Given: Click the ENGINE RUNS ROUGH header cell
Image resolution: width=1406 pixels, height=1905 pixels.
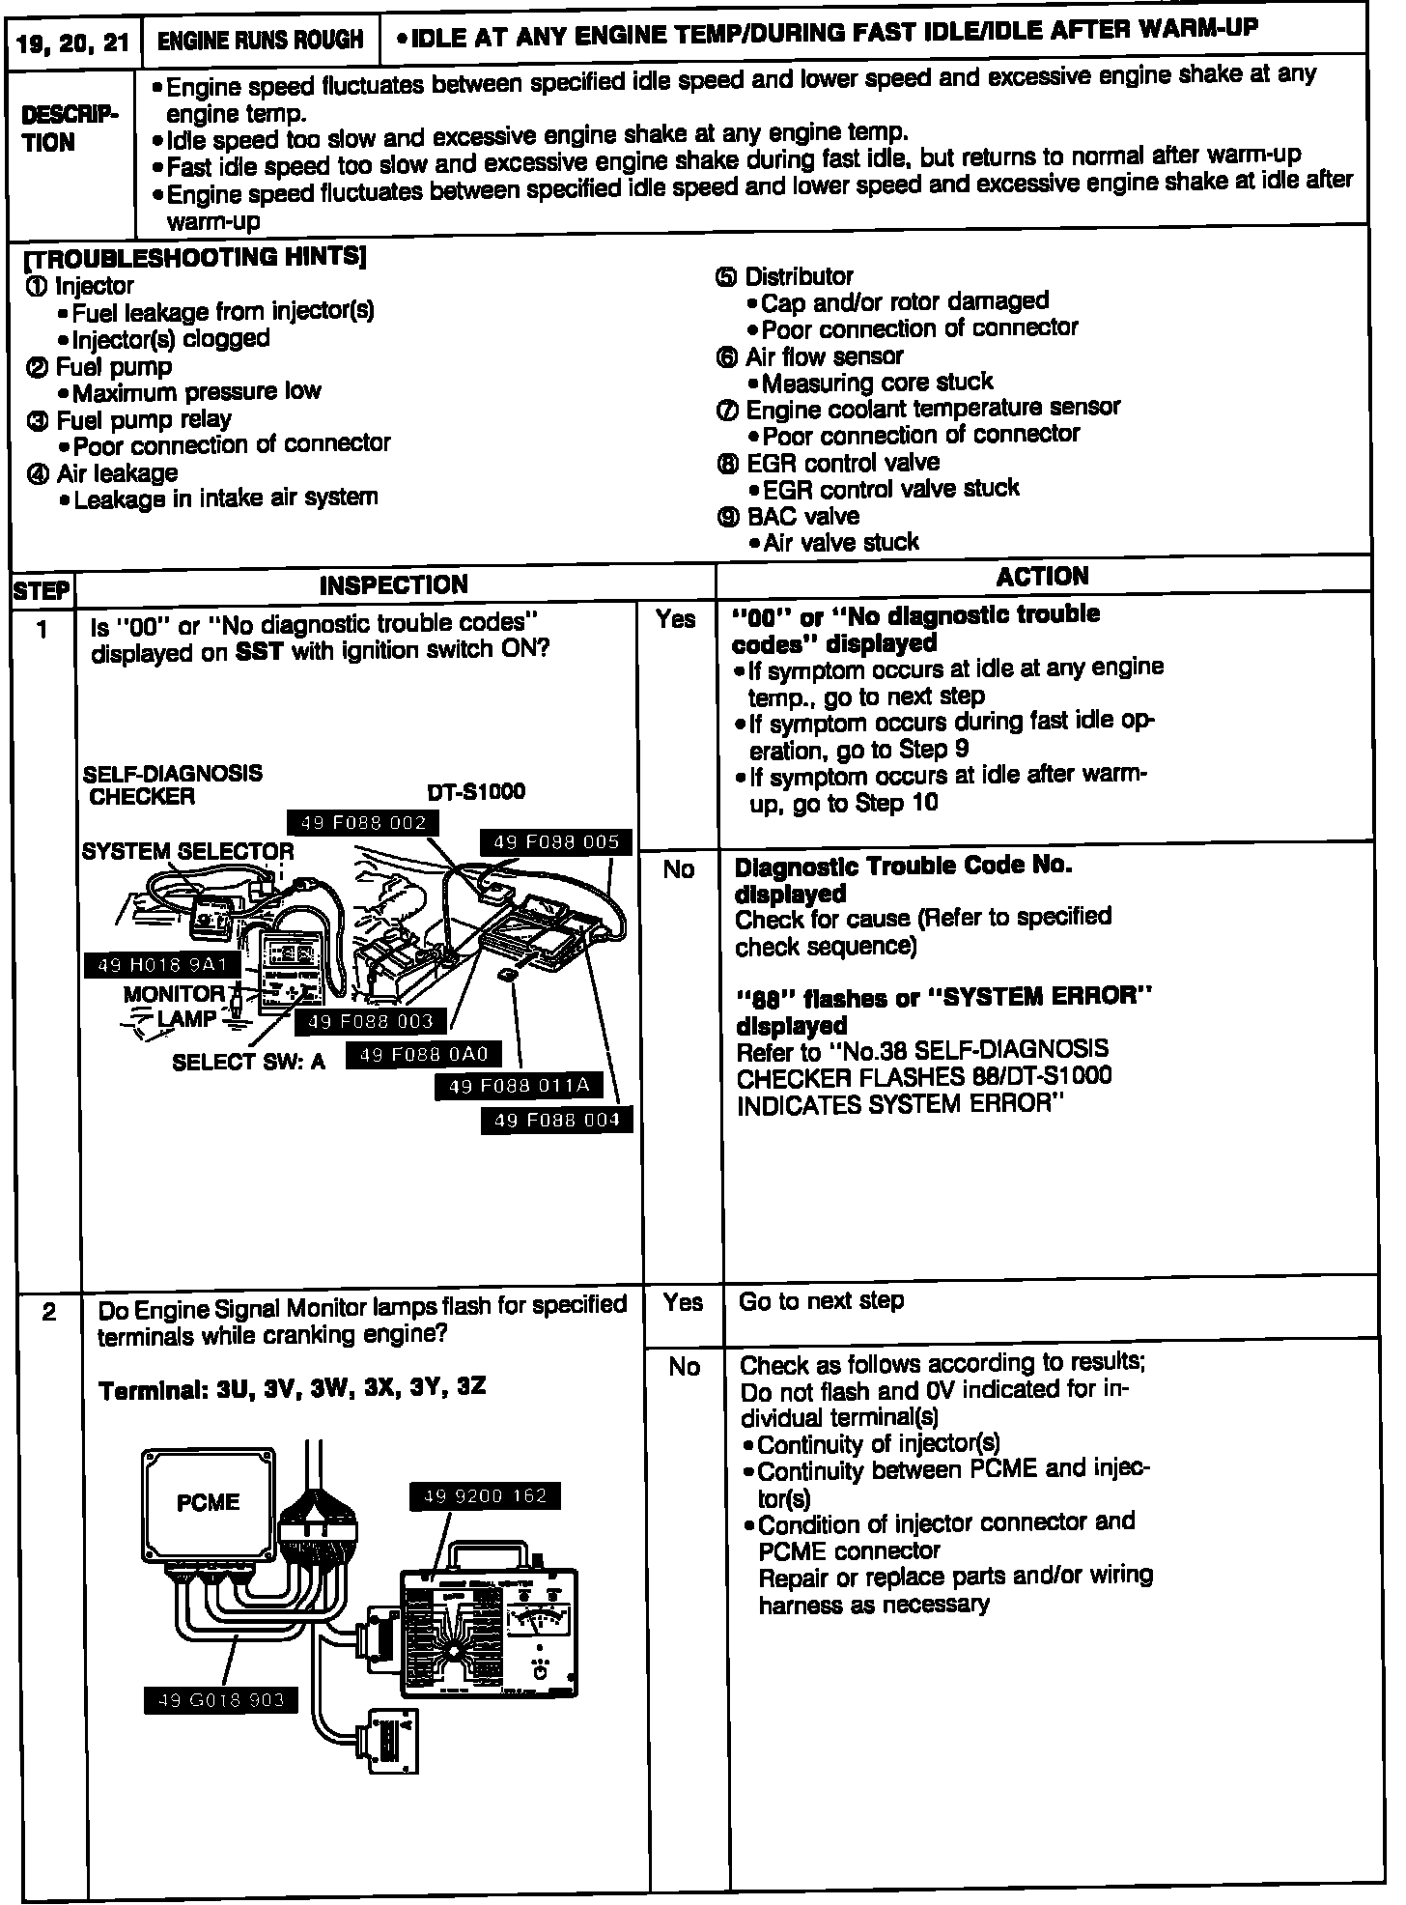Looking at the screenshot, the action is point(260,40).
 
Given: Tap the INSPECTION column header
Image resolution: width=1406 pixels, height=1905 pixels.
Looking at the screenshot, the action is point(393,584).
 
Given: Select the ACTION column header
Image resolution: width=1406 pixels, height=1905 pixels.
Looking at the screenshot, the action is point(1042,577).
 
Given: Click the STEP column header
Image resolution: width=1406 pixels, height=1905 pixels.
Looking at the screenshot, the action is point(42,590).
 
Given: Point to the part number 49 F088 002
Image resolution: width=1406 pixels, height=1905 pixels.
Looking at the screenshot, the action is point(363,823).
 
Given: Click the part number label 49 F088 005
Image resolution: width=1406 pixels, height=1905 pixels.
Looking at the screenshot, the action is point(555,841).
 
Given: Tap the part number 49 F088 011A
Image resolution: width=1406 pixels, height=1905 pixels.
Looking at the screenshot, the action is point(520,1086).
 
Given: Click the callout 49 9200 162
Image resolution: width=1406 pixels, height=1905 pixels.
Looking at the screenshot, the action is point(485,1495).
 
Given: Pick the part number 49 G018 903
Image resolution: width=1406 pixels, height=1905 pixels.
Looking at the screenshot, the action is point(220,1699).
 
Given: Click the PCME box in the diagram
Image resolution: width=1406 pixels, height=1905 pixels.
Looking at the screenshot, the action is point(208,1502).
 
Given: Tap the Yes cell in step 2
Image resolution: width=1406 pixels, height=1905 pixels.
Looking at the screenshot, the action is point(683,1302).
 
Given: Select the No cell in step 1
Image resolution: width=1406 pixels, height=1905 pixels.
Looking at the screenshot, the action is point(679,869).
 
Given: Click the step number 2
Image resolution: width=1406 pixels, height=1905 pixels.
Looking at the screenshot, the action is point(48,1312).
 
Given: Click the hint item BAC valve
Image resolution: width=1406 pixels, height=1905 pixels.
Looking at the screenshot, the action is point(802,516).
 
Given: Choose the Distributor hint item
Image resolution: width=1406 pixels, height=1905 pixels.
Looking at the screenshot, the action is point(799,277).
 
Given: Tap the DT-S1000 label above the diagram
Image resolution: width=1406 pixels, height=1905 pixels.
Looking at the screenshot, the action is point(476,792).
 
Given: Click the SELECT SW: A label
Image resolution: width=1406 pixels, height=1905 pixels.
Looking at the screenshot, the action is point(248,1062).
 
